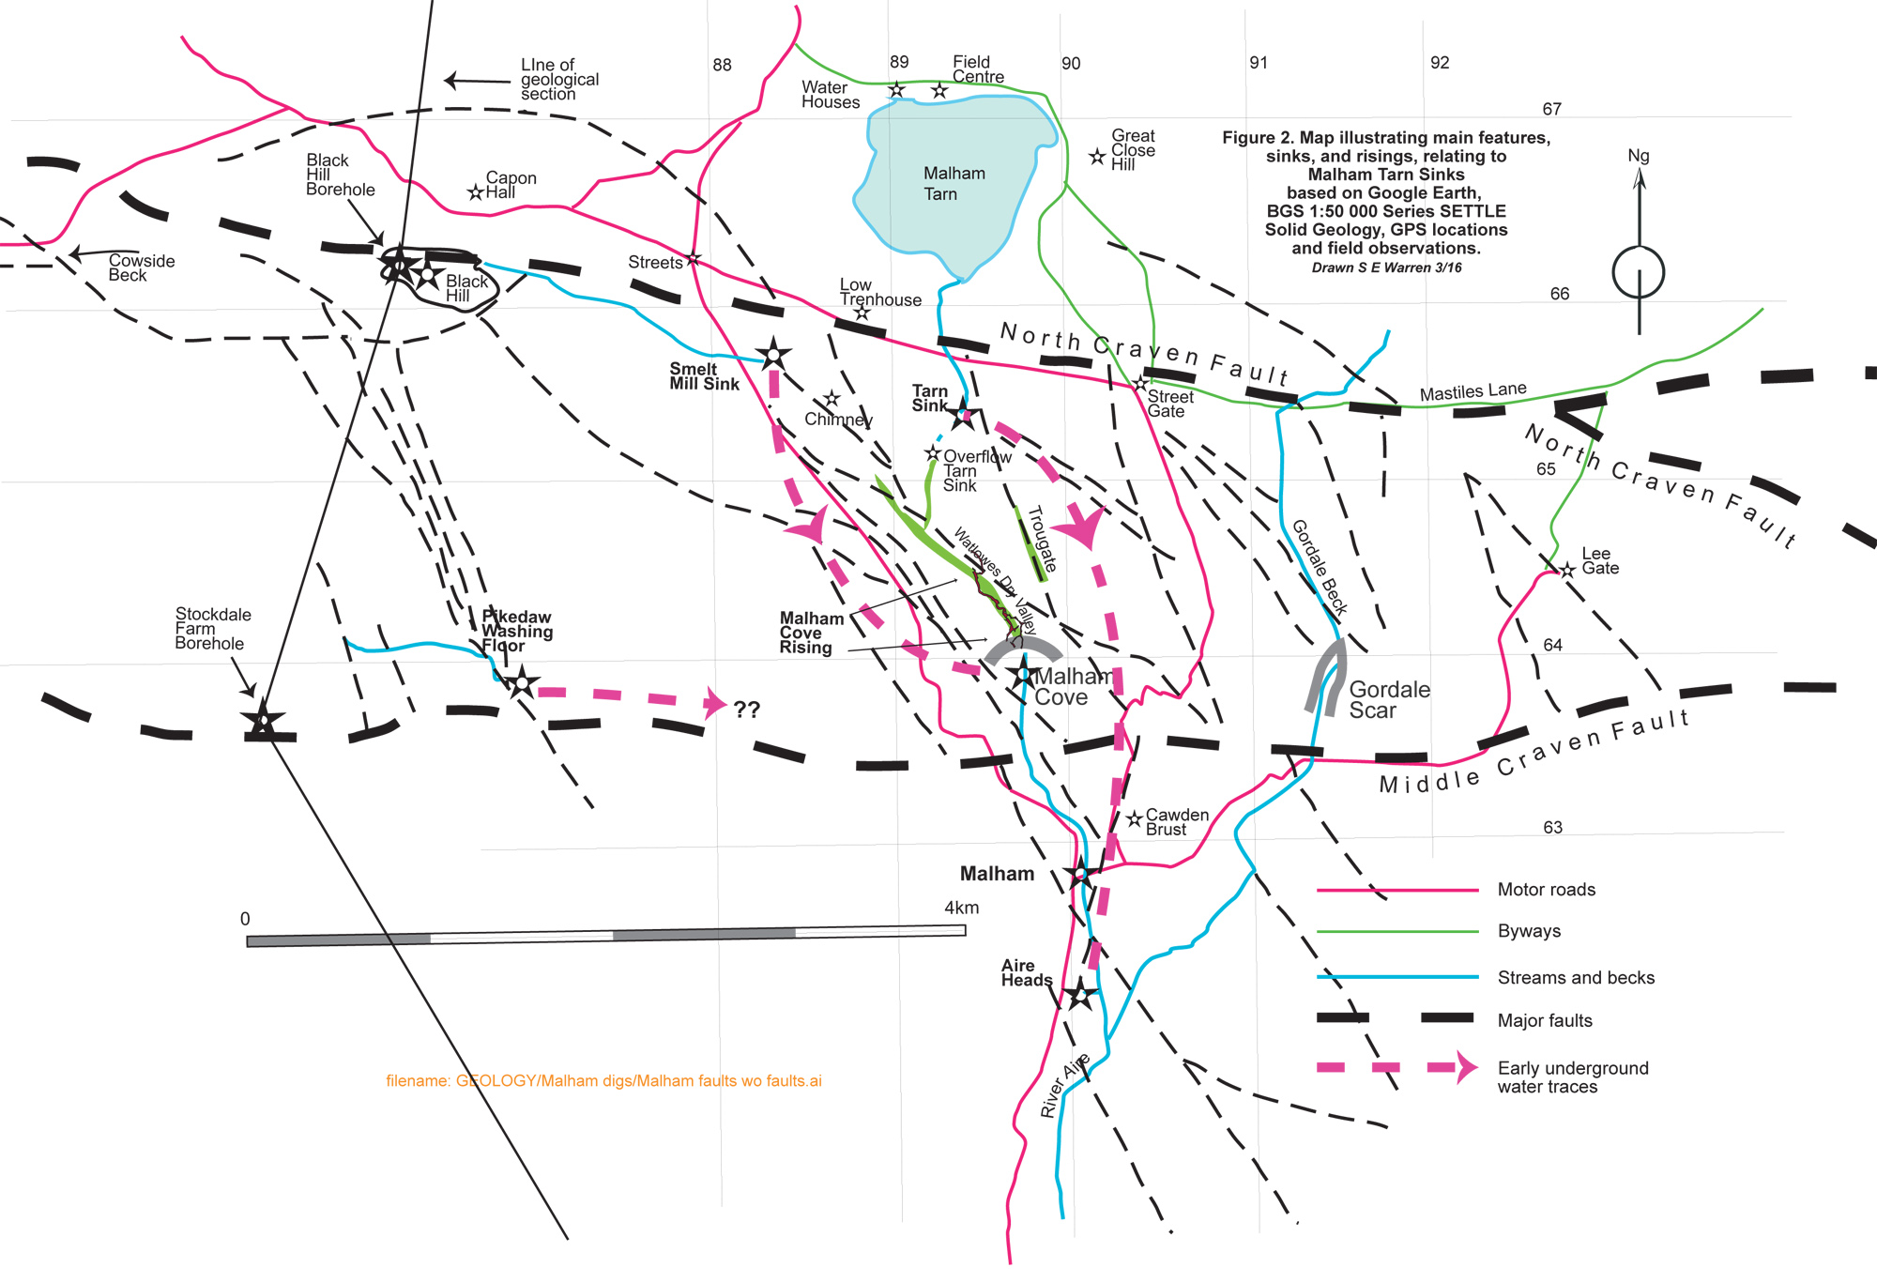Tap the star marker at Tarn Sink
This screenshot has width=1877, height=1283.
pos(963,414)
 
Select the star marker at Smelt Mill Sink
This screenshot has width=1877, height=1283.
pos(773,355)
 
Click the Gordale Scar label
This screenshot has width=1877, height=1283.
pos(1389,700)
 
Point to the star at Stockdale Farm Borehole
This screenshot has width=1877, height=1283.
pos(264,721)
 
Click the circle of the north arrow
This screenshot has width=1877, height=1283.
pos(1638,273)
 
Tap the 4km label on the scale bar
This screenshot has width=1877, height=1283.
pos(961,908)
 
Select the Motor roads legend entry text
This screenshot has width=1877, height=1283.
pos(1546,890)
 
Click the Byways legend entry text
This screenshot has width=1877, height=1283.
pos(1529,931)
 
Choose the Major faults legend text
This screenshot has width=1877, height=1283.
pos(1545,1020)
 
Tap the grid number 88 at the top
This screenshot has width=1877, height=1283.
pos(722,65)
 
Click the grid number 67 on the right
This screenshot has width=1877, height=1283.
pos(1552,109)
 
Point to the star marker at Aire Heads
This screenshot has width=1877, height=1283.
pos(1080,994)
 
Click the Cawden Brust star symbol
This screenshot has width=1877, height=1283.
pos(1135,818)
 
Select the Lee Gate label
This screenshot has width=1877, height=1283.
pos(1599,560)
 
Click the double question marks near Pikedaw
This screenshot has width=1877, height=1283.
pos(747,710)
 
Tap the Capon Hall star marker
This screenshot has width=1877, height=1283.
pos(476,192)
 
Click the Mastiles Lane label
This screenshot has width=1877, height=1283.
pos(1473,391)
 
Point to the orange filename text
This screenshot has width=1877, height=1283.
pos(603,1081)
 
